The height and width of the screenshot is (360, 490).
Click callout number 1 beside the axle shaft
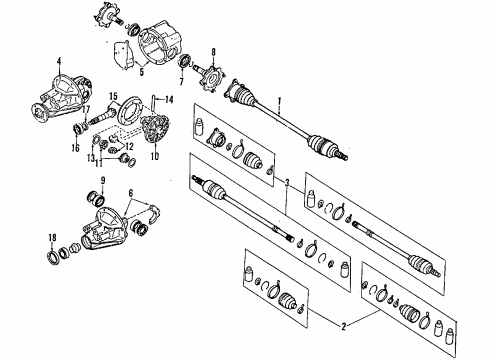(x=279, y=102)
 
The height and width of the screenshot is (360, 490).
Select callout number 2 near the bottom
(x=344, y=327)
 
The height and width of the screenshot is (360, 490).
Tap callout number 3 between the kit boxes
(x=287, y=182)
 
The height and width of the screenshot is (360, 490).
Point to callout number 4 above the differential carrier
(x=59, y=61)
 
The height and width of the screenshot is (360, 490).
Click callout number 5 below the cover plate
(x=142, y=72)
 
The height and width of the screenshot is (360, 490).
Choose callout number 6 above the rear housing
(x=131, y=193)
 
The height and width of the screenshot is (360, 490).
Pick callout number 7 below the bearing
(x=181, y=81)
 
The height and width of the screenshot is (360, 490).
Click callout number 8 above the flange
(x=213, y=52)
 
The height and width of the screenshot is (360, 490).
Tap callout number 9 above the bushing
(x=103, y=181)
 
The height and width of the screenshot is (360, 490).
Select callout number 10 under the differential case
(x=154, y=156)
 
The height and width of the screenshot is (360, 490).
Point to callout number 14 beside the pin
(x=169, y=99)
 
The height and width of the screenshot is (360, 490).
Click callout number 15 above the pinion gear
(x=113, y=97)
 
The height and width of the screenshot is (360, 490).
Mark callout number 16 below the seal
(x=76, y=148)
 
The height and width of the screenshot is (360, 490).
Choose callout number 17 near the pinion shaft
(x=86, y=109)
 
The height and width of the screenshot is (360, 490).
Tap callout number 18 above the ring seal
(x=52, y=238)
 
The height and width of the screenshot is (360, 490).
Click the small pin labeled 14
(x=153, y=103)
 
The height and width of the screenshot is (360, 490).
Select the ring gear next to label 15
(x=130, y=111)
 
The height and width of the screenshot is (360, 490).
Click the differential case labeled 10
(x=156, y=128)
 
